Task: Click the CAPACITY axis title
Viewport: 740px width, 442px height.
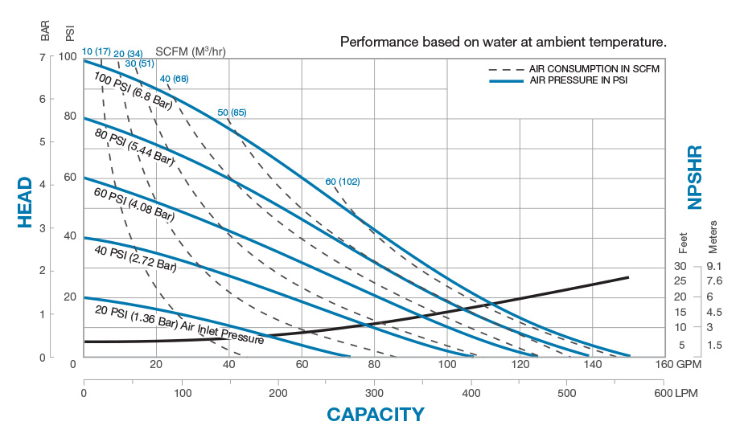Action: coord(375,415)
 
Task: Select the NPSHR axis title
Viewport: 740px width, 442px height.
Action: coord(696,177)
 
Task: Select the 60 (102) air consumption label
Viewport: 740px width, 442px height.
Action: coord(343,182)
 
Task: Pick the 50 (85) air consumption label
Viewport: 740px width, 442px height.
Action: coord(232,112)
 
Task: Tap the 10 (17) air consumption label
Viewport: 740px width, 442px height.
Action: coord(97,51)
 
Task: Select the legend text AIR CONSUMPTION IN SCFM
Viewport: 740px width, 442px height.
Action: coord(594,69)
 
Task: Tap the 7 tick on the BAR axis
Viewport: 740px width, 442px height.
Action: coord(42,57)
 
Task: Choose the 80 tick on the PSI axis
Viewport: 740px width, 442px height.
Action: coord(70,117)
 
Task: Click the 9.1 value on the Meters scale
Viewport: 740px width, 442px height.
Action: coord(714,266)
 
